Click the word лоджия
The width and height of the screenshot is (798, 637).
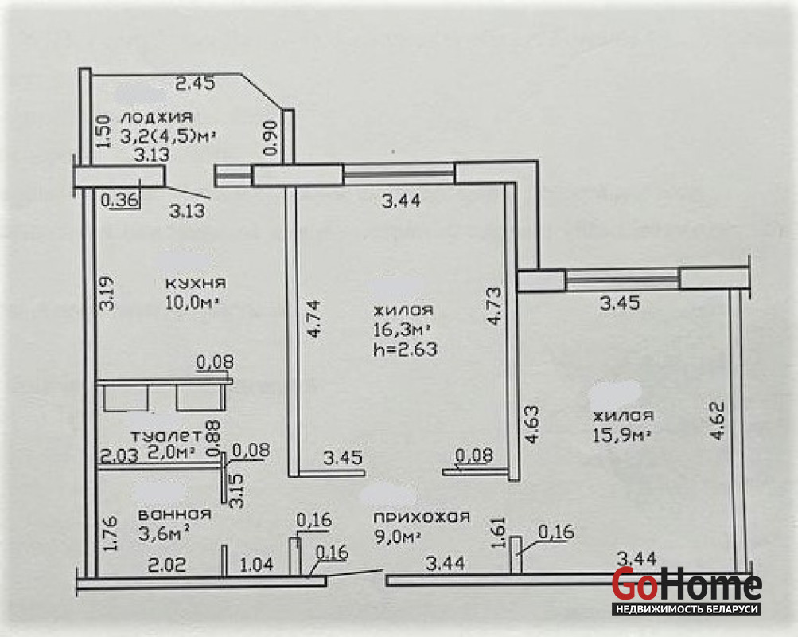[158, 117]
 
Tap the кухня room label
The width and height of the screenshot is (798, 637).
[196, 283]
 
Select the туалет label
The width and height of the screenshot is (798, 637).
[166, 436]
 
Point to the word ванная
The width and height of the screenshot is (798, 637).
[174, 514]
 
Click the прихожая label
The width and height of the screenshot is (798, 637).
[422, 518]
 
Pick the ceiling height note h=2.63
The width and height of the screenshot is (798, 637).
[405, 350]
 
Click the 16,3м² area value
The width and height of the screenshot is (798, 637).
[402, 330]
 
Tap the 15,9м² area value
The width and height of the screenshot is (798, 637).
[623, 436]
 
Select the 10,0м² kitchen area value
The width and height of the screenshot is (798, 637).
[193, 303]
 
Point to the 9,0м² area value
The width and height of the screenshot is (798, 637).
[398, 537]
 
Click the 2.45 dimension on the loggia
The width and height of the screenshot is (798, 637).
[196, 83]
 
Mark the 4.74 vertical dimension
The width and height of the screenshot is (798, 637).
[313, 319]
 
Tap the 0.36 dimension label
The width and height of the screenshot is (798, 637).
[119, 200]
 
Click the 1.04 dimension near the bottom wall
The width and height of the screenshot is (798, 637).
[256, 565]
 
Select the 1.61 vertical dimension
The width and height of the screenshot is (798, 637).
[500, 533]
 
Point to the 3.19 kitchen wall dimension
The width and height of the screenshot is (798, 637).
[108, 293]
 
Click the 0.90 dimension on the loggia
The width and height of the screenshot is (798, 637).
[271, 138]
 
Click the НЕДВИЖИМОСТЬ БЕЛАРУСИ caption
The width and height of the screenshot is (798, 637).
[687, 609]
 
